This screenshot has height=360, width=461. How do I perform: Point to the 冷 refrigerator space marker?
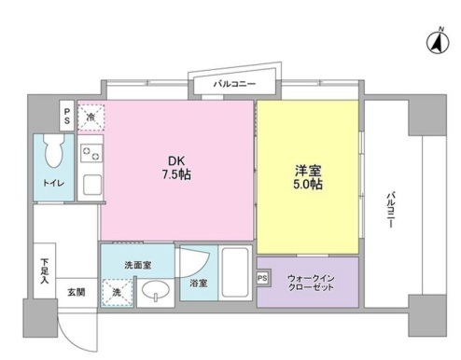pyautogui.click(x=90, y=117)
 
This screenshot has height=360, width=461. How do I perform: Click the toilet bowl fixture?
pyautogui.click(x=54, y=149)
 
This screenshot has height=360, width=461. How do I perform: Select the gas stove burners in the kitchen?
pyautogui.click(x=91, y=154)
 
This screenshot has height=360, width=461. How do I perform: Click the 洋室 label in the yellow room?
pyautogui.click(x=309, y=170)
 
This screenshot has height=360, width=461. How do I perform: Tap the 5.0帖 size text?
pyautogui.click(x=309, y=186)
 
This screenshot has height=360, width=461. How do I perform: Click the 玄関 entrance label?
pyautogui.click(x=77, y=291)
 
